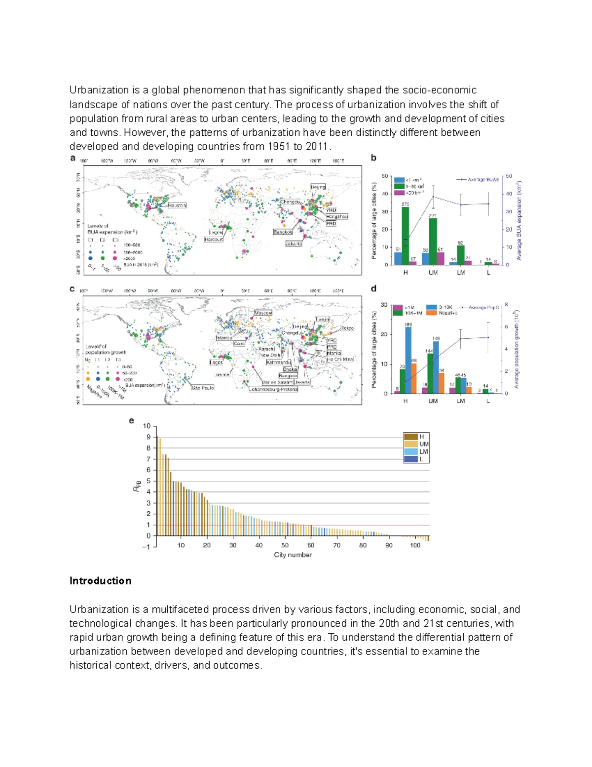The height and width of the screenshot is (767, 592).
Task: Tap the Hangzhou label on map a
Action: pos(336,217)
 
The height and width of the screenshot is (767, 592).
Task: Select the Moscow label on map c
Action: pos(263,313)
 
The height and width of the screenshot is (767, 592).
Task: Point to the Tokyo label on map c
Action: pos(347,328)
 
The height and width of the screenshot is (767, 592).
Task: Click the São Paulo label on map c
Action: pos(203,388)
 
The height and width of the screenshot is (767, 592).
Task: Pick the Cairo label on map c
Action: pos(239,344)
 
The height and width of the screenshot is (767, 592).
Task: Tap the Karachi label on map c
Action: pos(266,349)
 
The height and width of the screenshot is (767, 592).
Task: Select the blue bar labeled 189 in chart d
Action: pos(408,360)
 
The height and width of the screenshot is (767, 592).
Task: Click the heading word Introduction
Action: pos(100,581)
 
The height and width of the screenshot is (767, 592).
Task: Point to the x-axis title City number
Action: pos(293,555)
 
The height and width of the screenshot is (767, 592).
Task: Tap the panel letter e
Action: pos(131,421)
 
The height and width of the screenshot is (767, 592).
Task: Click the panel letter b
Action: pos(373,158)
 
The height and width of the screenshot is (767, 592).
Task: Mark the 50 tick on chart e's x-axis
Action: pos(285,545)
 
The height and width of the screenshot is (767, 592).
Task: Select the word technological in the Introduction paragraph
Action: pos(99,623)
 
